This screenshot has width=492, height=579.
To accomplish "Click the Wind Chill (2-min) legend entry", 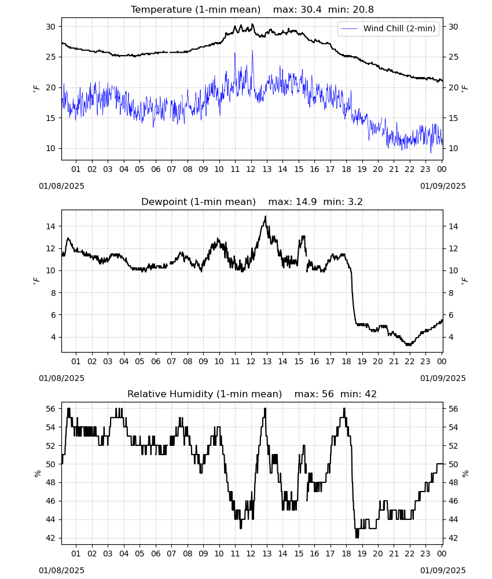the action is pos(388,28).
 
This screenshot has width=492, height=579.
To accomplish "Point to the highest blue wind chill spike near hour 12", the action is pos(252,50).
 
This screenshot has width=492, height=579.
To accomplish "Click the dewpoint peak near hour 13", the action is pos(265,217).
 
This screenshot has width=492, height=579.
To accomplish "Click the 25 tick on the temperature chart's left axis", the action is pos(51,57).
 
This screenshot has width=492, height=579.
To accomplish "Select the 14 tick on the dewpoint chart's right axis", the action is pos(453,226).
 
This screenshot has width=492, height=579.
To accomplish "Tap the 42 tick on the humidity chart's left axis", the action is pos(51,538).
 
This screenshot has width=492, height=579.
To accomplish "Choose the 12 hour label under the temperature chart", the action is pos(251,169).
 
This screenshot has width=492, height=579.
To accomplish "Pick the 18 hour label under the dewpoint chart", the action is pos(346,361).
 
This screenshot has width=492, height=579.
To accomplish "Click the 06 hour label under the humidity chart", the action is pos(156,554).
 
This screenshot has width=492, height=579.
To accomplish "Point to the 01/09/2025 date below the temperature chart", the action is pos(443,186).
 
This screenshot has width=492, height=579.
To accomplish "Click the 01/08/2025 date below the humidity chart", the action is pos(61,570).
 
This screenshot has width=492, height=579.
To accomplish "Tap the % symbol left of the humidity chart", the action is pos(37,474).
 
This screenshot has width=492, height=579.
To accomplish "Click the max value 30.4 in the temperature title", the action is pos(311,9).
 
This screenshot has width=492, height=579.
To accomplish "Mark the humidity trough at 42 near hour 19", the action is pos(357,537).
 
